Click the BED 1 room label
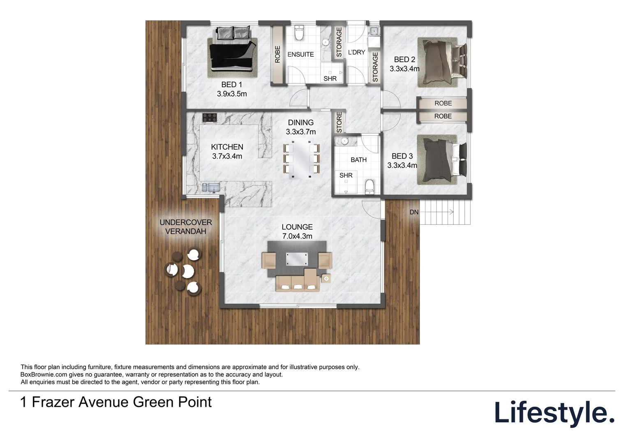(231, 85)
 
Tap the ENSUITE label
(300, 54)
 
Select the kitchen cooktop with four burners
(210, 118)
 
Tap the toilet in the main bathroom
(369, 186)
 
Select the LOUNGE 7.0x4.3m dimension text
(297, 236)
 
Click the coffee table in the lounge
(297, 260)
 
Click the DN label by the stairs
(414, 212)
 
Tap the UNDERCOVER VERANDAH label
(186, 227)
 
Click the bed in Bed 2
(442, 62)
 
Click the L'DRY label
(356, 52)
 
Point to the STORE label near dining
(339, 123)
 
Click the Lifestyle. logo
(554, 413)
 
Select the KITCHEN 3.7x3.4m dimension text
(227, 156)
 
